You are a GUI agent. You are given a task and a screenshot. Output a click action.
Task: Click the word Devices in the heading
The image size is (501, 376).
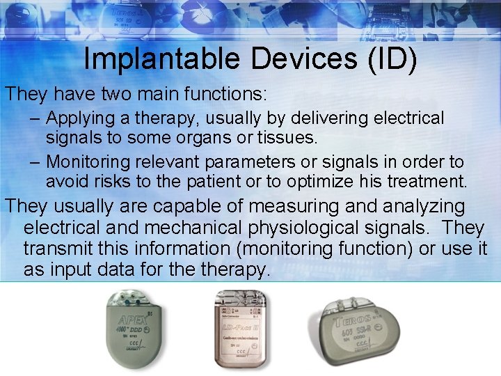[290, 59]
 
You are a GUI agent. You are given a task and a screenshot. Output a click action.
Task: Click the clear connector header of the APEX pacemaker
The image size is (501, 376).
[132, 298]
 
